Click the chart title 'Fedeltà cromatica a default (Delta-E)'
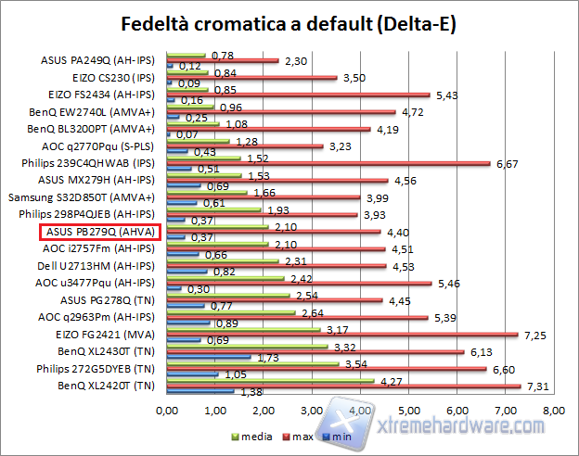[x=289, y=22]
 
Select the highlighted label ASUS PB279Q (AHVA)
[x=100, y=232]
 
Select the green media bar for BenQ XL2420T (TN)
[x=270, y=380]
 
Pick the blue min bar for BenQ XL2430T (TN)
[x=208, y=356]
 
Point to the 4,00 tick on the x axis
[x=360, y=409]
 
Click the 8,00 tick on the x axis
[x=554, y=409]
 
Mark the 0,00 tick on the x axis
[x=167, y=409]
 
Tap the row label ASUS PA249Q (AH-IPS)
[x=100, y=60]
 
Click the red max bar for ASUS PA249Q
[x=222, y=61]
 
